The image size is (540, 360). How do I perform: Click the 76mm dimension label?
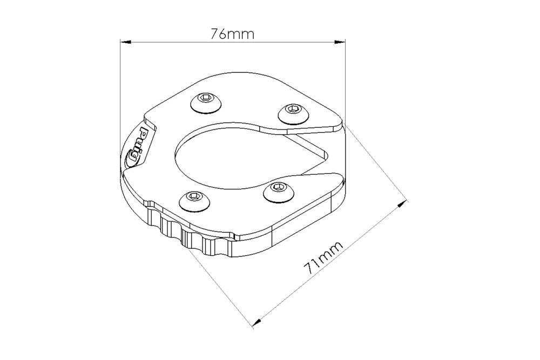click(x=232, y=34)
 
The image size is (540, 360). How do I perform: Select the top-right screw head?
click(x=293, y=113)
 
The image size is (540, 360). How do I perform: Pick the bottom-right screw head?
click(x=279, y=192)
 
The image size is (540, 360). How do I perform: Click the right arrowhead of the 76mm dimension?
click(x=340, y=42)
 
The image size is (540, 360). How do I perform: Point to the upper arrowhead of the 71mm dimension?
click(x=402, y=203)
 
